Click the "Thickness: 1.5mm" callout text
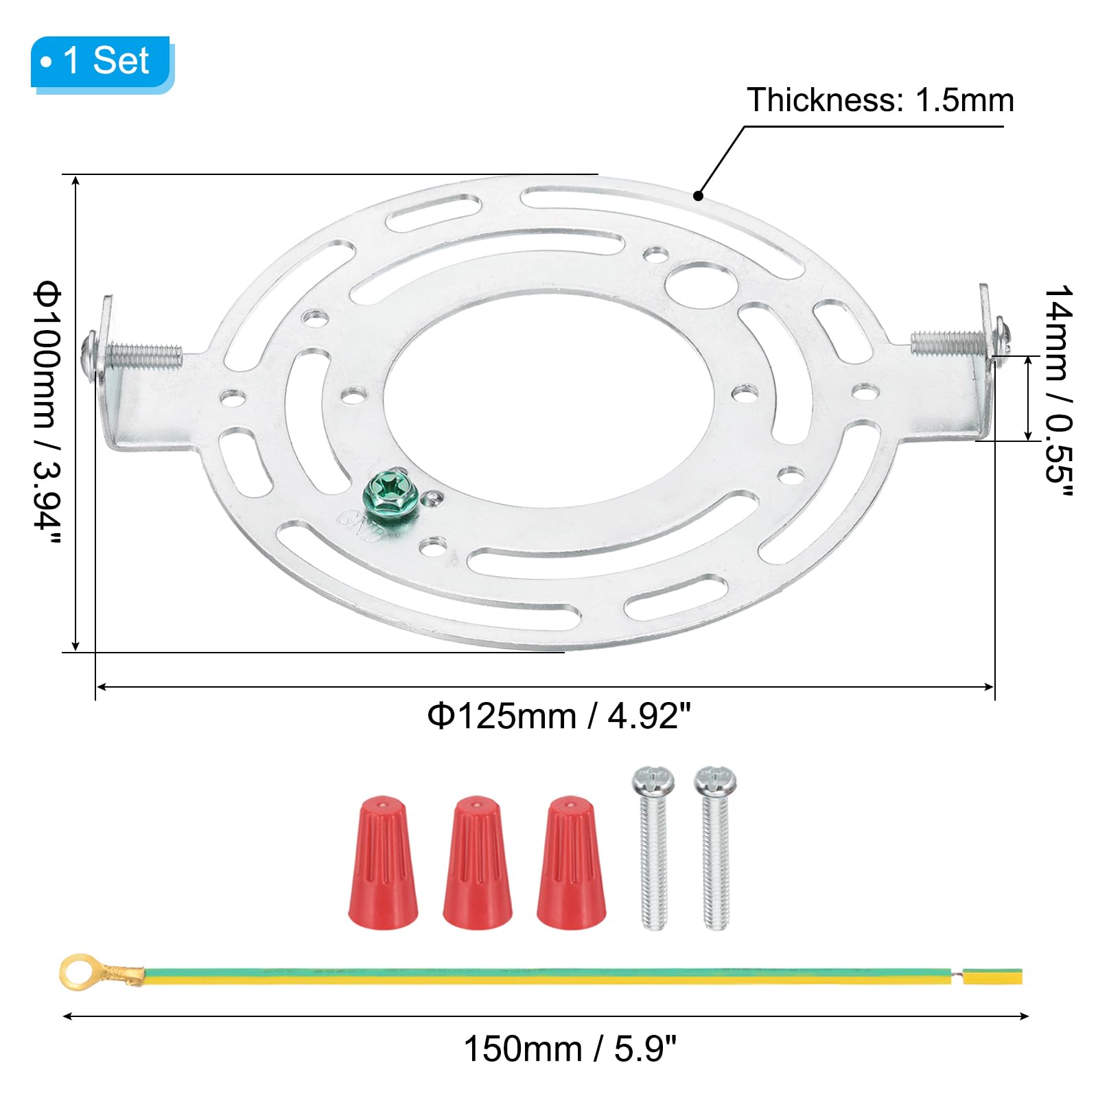click(880, 100)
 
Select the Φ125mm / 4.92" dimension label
click(558, 716)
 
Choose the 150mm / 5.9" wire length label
click(570, 1049)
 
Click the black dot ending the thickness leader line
click(698, 196)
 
